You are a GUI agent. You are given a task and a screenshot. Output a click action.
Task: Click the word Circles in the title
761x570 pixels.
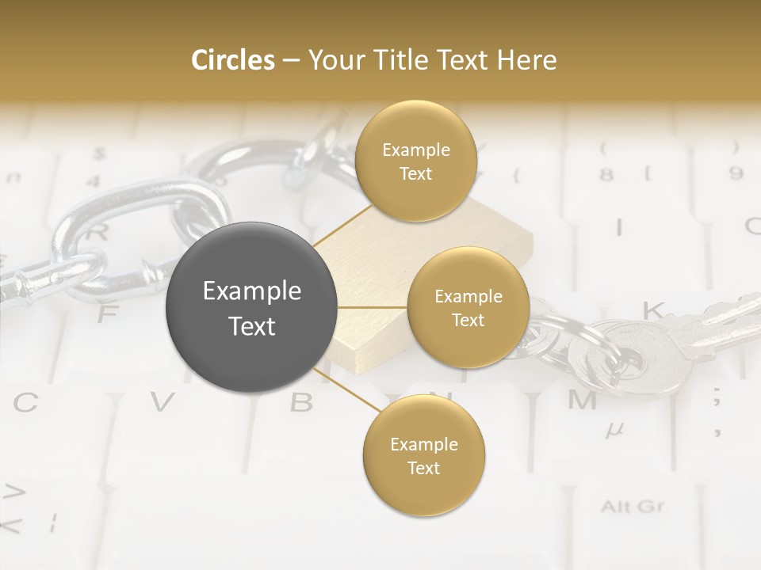[233, 60]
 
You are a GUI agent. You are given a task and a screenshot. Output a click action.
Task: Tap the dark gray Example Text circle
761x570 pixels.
[252, 307]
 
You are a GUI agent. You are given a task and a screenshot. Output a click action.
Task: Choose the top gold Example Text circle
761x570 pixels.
[415, 161]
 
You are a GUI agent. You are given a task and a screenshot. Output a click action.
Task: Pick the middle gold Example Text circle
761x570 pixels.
[468, 308]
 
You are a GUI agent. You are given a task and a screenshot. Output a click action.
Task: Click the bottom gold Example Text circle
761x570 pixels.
[423, 456]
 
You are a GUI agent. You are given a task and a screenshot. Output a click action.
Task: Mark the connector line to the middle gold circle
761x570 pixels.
[372, 307]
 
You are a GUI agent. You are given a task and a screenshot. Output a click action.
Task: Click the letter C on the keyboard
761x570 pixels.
[25, 403]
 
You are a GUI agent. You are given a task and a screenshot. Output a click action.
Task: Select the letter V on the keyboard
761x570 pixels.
[162, 403]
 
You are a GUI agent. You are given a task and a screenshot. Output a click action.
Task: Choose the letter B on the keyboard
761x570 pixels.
[301, 403]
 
